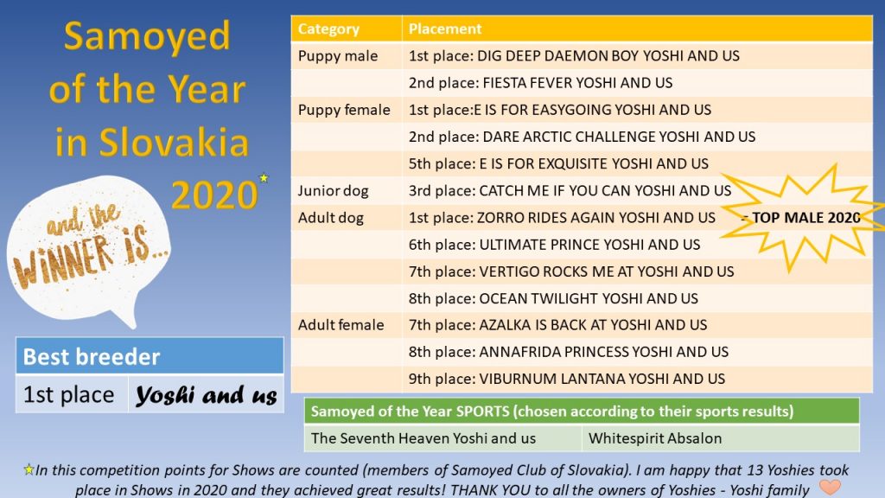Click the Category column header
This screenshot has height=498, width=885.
coord(328,29)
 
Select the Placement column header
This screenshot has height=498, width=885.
coord(445,29)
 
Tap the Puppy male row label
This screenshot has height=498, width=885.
coord(338,56)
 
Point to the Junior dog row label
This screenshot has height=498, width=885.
coord(333,191)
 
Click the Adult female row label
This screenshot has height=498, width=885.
coord(341,325)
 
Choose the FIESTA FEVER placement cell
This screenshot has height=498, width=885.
coord(540,83)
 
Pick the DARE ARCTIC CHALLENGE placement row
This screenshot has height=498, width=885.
coord(582,137)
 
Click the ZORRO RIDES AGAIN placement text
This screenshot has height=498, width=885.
coord(562,218)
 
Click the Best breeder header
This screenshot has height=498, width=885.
coord(150,356)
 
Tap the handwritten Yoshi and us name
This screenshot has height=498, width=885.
coord(207,395)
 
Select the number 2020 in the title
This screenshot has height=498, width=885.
coord(214,195)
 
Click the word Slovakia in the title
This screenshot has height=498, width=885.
coord(175,142)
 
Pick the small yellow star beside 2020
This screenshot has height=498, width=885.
coord(264,178)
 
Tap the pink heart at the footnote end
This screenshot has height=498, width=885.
coord(830,486)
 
